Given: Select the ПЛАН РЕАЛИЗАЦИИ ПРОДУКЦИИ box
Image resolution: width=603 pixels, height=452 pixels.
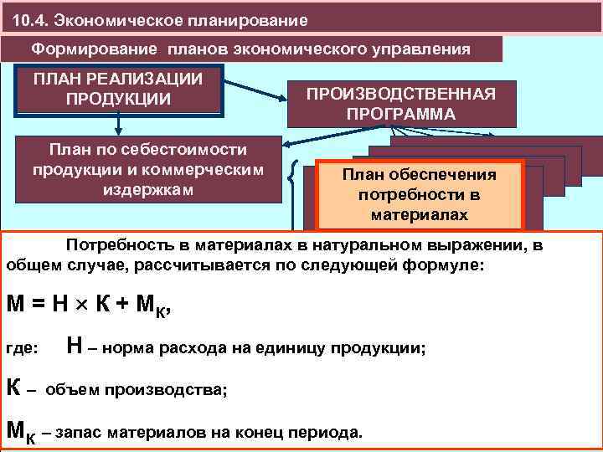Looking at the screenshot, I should coord(118,89).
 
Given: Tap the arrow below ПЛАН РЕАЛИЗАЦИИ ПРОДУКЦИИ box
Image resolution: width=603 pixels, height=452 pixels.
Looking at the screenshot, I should coord(120,126).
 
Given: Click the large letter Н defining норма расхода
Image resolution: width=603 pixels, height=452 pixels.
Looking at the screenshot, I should coord(73,345).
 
